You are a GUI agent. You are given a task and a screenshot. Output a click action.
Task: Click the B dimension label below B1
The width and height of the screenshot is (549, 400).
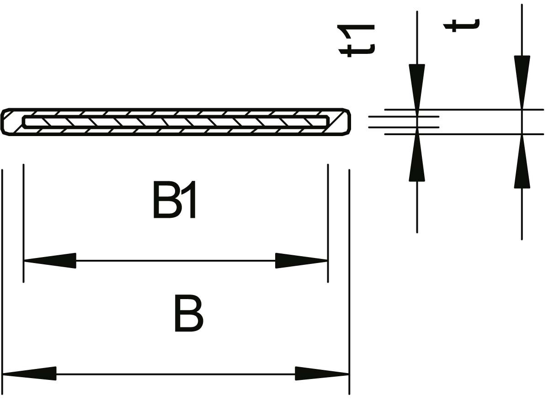click(x=188, y=314)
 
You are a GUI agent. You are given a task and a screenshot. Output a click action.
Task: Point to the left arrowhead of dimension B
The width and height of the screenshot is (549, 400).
click(x=29, y=374)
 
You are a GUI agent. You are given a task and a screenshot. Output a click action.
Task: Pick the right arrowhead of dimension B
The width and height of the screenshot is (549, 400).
click(x=322, y=374)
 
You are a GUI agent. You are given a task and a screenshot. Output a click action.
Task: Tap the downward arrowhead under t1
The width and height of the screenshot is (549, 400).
click(x=417, y=87)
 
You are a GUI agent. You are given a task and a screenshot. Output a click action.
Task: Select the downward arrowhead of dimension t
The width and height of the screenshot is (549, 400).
click(x=522, y=81)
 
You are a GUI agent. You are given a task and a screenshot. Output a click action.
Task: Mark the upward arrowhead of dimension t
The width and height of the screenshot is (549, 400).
click(x=522, y=162)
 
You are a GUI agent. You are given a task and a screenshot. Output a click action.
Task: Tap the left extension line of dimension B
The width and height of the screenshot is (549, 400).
click(x=3, y=274)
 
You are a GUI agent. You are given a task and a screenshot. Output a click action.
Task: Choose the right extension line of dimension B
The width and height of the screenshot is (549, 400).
click(x=349, y=274)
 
